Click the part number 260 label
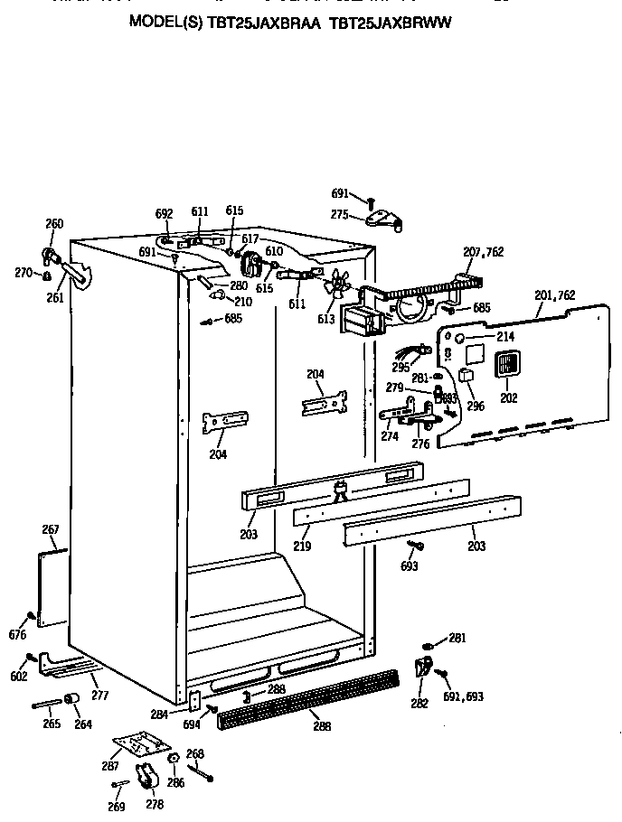coord(54,224)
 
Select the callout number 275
coord(340,214)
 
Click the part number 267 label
coord(51,529)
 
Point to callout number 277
coord(100,695)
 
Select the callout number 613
coord(325,318)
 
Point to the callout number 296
coord(476,406)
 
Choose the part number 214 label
coord(504,337)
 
